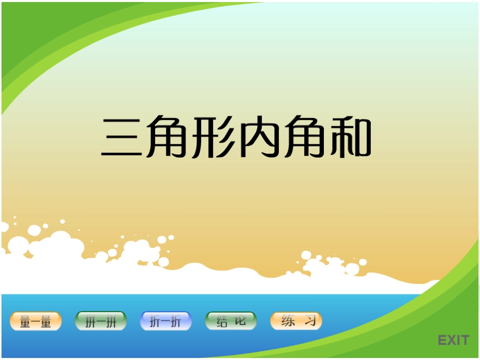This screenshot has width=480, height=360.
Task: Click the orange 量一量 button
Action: (x=36, y=322)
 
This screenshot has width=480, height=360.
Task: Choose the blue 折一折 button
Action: (x=166, y=321)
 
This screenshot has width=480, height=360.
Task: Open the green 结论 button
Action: (x=231, y=321)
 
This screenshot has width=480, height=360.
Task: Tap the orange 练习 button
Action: (x=296, y=321)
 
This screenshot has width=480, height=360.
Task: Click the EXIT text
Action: (x=453, y=340)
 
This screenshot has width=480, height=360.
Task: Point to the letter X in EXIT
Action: (x=453, y=340)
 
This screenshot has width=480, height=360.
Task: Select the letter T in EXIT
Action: (x=464, y=340)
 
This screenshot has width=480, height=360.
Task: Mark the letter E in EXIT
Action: (x=443, y=340)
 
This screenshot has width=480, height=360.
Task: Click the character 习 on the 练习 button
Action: (x=310, y=321)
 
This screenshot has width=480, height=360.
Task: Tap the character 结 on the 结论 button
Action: (x=222, y=322)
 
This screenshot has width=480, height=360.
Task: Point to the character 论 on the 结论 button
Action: (x=241, y=321)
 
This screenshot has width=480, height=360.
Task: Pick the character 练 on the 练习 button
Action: (x=287, y=321)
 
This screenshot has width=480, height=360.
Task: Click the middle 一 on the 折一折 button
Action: (x=166, y=322)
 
